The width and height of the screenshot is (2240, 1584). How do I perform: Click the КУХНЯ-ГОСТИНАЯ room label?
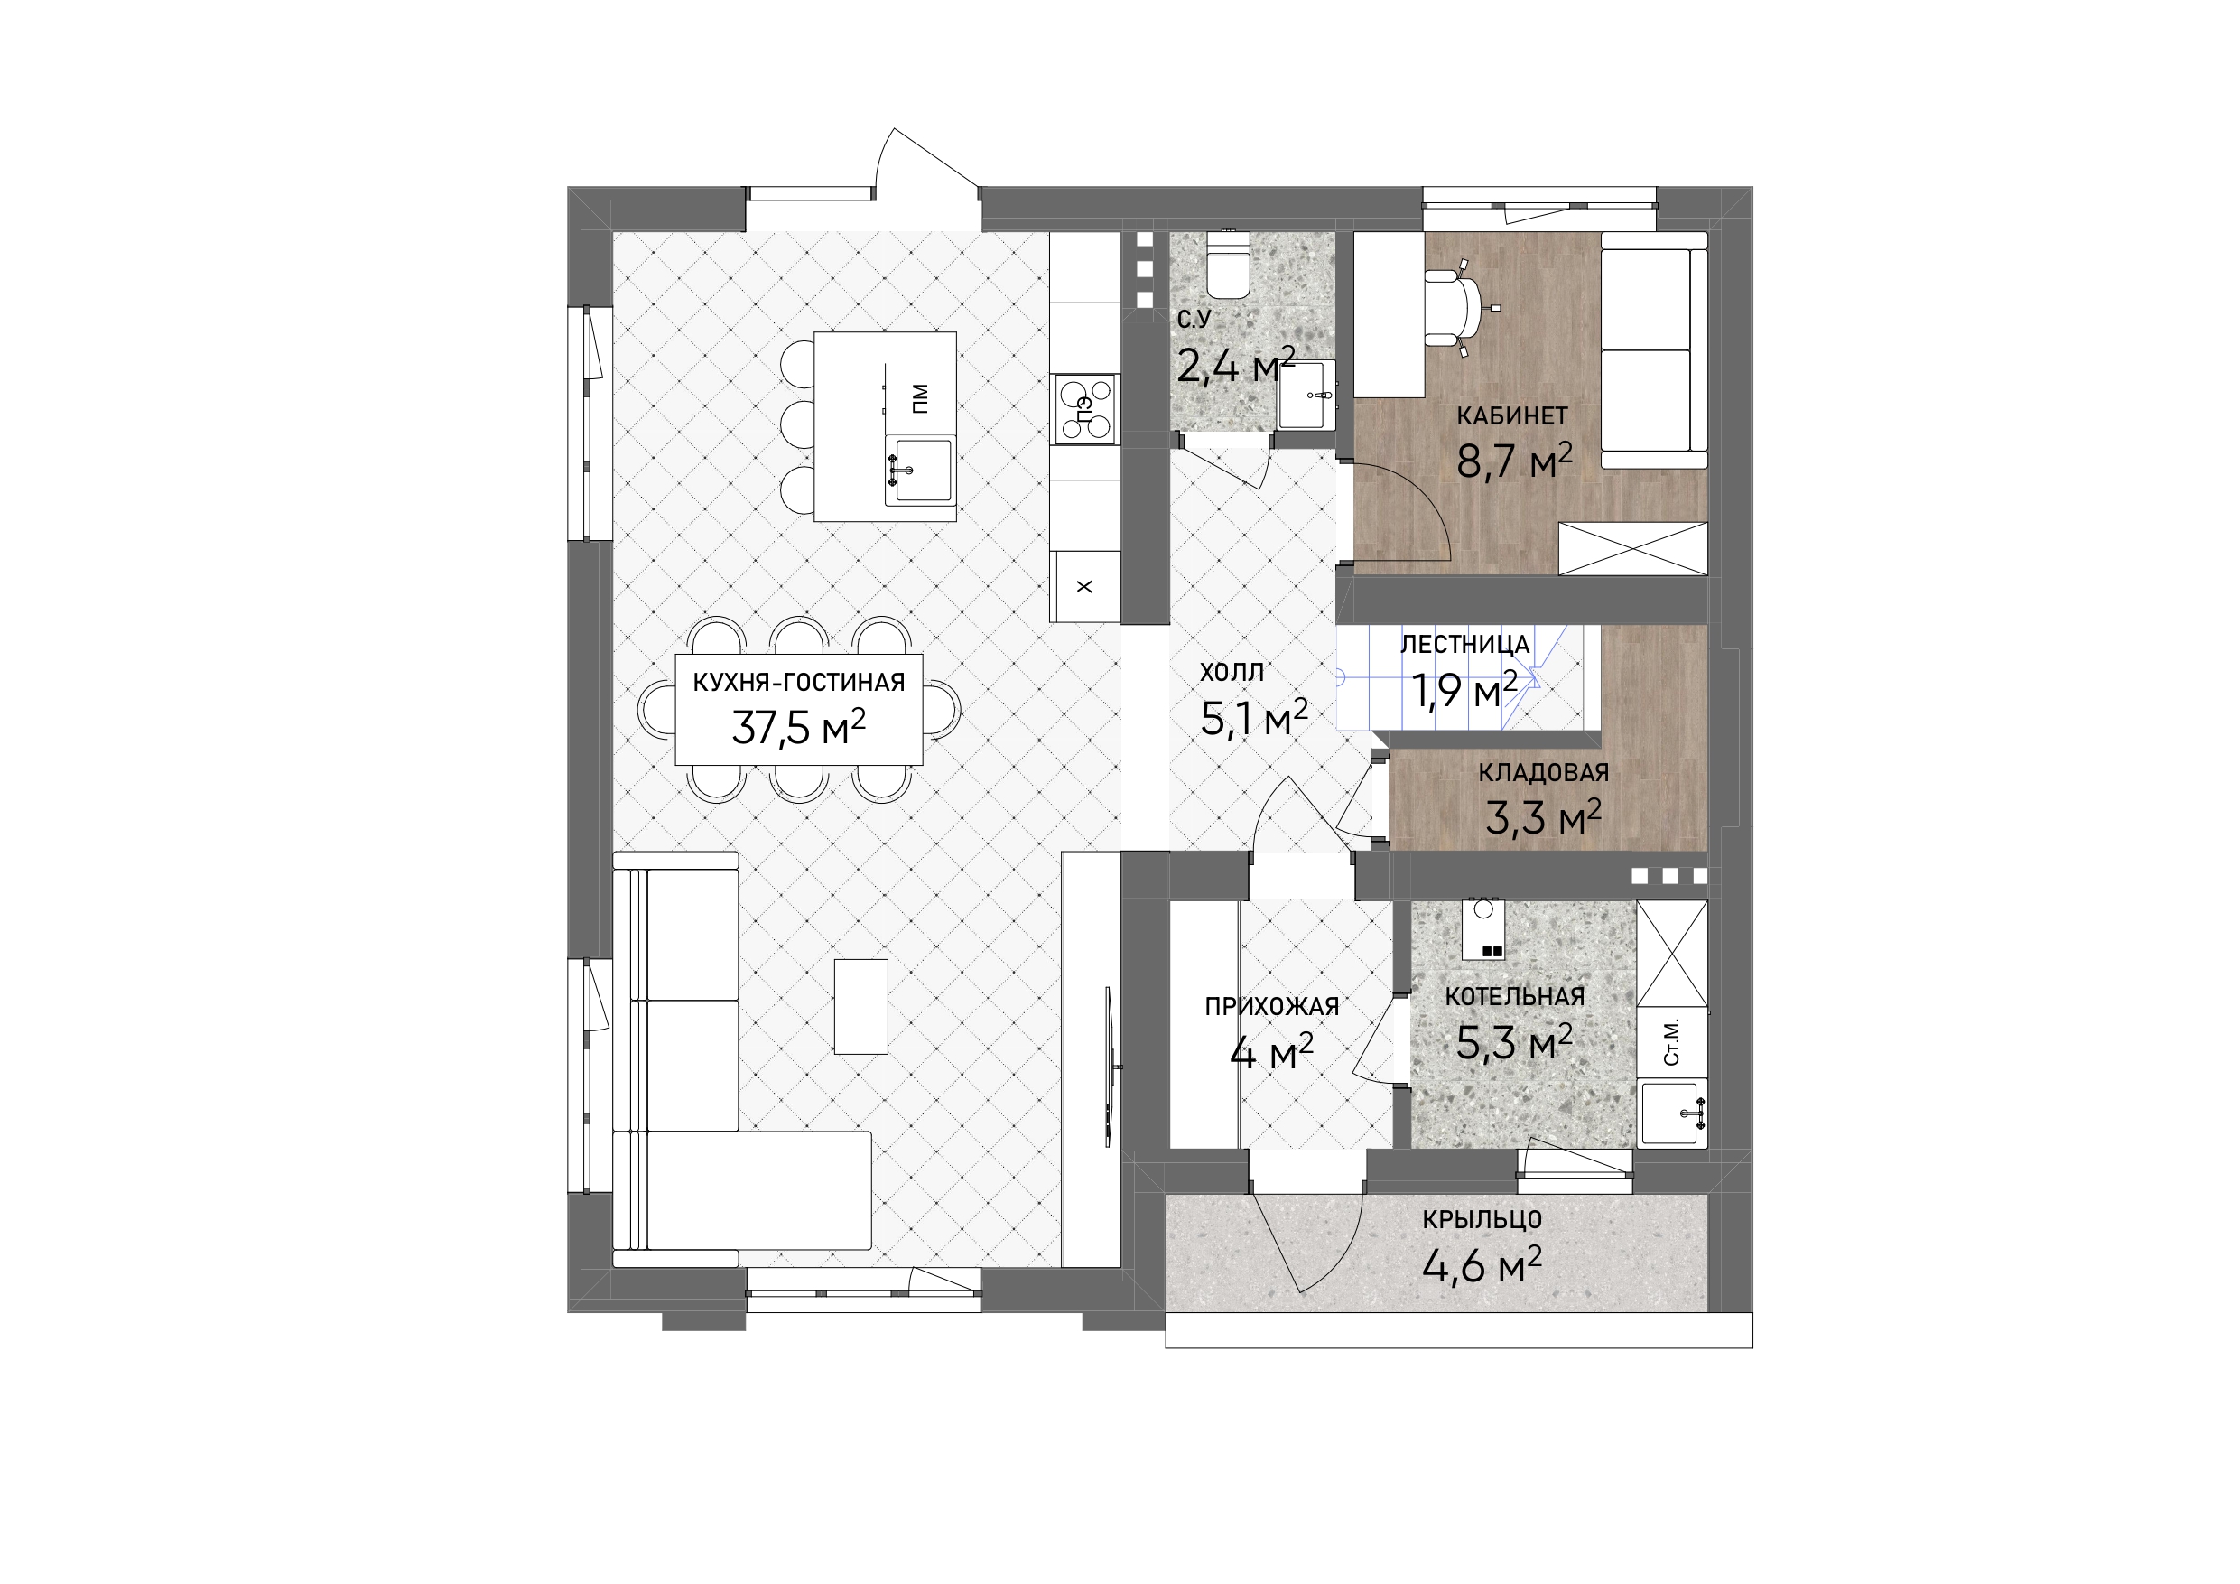click(799, 682)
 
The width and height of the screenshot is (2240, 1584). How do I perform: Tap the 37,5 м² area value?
click(799, 727)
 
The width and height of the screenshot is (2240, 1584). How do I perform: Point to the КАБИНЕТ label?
click(1512, 415)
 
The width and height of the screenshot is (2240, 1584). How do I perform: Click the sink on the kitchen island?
click(919, 471)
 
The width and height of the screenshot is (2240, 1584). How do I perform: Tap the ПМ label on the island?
click(920, 397)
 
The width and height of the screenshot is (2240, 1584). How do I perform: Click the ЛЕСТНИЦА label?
click(1465, 644)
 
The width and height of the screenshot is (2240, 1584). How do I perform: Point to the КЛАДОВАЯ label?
click(1543, 773)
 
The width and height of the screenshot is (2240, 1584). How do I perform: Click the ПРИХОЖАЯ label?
click(1272, 1006)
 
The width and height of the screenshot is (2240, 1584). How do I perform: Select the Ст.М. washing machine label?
click(1671, 1042)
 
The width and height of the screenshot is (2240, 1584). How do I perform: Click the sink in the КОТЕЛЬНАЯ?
click(1674, 1113)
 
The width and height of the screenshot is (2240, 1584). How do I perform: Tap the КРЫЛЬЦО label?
click(1482, 1220)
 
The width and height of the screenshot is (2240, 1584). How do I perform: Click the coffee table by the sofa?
click(861, 1006)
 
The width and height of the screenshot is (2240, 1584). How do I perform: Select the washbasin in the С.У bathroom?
click(1306, 396)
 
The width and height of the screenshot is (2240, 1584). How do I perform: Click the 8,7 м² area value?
click(1514, 461)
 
